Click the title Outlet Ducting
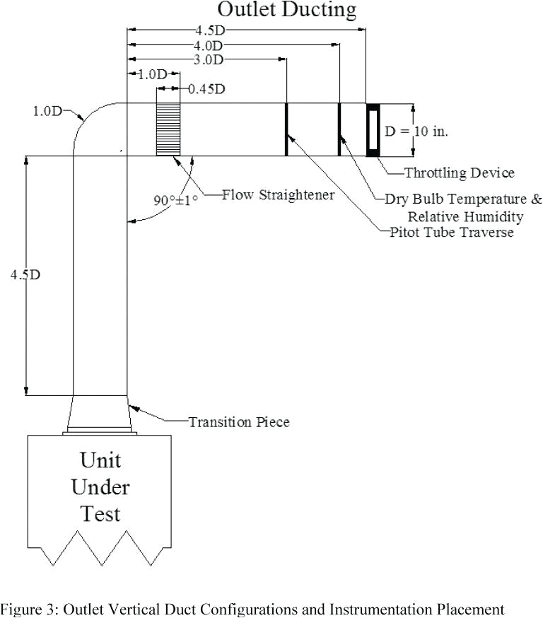286,10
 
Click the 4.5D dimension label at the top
211,30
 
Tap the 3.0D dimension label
209,60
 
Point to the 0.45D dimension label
206,89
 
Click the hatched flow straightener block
168,129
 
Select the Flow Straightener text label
278,194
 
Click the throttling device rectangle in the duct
373,129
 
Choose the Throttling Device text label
459,173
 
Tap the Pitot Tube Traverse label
452,232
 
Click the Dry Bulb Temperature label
463,199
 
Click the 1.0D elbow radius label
47,111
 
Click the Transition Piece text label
238,422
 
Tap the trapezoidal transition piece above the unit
100,414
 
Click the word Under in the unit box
100,487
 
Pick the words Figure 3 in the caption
24,609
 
